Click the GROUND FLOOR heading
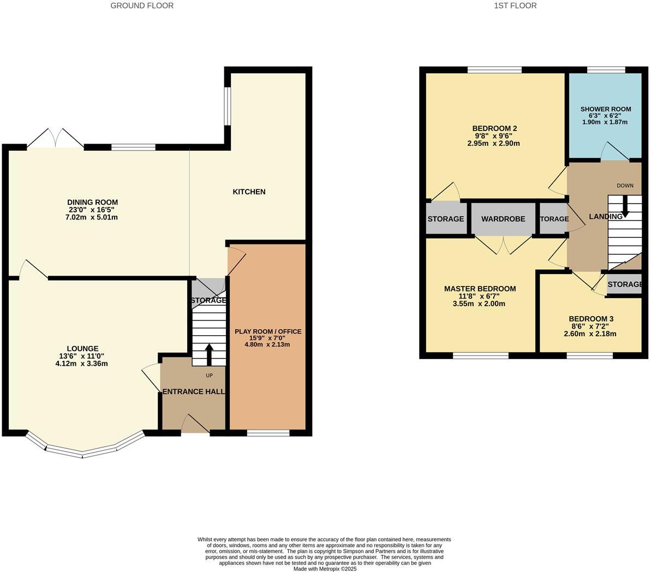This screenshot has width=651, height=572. [142, 6]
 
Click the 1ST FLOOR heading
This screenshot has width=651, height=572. [515, 6]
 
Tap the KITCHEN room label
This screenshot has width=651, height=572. [249, 192]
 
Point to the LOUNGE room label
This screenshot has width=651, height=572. [82, 349]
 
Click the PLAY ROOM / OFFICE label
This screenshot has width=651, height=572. [268, 331]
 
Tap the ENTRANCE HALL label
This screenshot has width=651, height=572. [194, 391]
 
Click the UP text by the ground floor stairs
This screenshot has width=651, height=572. [209, 376]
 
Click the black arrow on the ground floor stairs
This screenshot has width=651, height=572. [209, 354]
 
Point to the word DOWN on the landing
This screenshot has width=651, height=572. [625, 186]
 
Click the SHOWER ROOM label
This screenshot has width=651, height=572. [606, 109]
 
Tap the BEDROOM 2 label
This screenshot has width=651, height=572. [494, 129]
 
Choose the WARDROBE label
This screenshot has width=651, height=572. [503, 219]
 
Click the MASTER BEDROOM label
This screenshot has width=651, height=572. [480, 289]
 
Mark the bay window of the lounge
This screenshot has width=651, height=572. [83, 449]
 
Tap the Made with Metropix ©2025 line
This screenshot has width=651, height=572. [325, 568]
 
